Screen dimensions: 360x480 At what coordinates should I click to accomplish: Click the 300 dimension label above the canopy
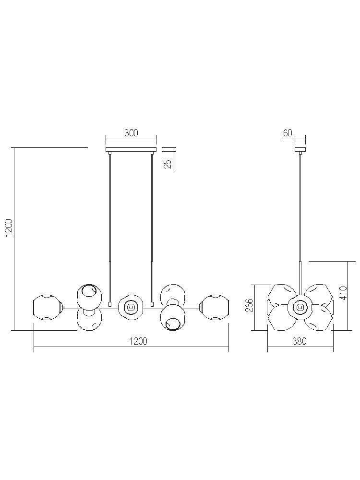pyautogui.click(x=131, y=133)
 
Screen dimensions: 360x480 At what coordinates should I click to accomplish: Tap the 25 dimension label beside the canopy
pyautogui.click(x=168, y=164)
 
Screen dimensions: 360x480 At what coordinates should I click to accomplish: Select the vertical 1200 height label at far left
pyautogui.click(x=9, y=228)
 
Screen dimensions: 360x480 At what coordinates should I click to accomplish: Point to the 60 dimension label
pyautogui.click(x=288, y=133)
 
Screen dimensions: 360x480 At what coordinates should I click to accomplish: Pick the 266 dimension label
pyautogui.click(x=250, y=305)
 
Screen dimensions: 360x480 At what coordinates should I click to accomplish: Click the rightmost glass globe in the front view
pyautogui.click(x=215, y=307)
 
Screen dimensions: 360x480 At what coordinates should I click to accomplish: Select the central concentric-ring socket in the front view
pyautogui.click(x=131, y=307)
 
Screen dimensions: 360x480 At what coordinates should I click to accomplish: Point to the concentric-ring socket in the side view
pyautogui.click(x=299, y=307)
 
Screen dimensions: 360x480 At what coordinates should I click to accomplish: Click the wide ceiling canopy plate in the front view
pyautogui.click(x=131, y=150)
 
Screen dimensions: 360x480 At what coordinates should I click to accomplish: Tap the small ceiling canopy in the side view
pyautogui.click(x=300, y=150)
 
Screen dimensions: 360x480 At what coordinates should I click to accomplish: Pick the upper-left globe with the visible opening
pyautogui.click(x=89, y=296)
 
